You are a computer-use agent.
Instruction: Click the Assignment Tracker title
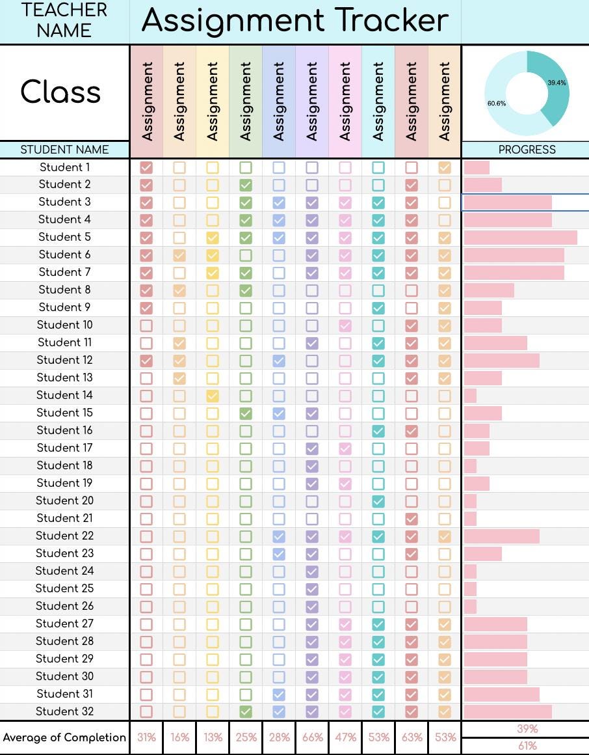click(x=295, y=21)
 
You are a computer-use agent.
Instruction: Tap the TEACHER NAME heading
click(x=64, y=20)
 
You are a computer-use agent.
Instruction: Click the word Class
click(x=61, y=92)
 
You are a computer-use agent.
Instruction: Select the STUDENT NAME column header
click(x=64, y=150)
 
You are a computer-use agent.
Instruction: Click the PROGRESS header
click(x=527, y=150)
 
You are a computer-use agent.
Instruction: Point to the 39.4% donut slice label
click(x=556, y=83)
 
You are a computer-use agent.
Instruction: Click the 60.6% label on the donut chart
click(x=497, y=103)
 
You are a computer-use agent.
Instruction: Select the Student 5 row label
click(x=64, y=237)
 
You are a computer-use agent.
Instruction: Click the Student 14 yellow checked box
click(x=213, y=395)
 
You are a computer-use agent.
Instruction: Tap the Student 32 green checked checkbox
click(x=246, y=711)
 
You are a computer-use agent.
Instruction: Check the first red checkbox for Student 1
click(x=146, y=167)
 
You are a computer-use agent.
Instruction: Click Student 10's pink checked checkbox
click(x=345, y=325)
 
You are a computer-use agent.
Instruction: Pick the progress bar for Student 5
click(x=520, y=237)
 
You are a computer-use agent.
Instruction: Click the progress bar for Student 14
click(x=470, y=395)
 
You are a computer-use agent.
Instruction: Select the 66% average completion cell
click(x=312, y=737)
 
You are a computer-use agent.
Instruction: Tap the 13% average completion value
click(x=213, y=737)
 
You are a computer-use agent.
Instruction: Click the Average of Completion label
click(x=64, y=737)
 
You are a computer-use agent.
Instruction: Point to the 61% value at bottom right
click(x=527, y=746)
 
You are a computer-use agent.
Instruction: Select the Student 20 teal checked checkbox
click(x=378, y=501)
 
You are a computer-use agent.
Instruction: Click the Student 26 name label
click(x=64, y=606)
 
